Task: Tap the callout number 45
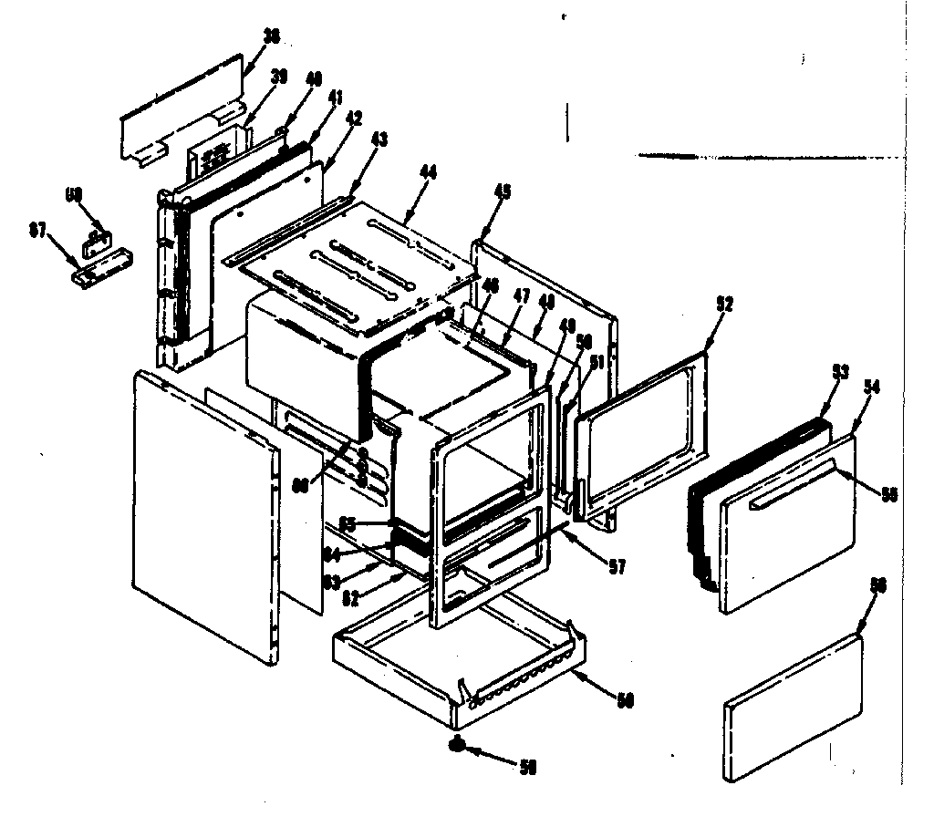pyautogui.click(x=502, y=191)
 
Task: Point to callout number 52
pyautogui.click(x=726, y=305)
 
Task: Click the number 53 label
pyautogui.click(x=840, y=372)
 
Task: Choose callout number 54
pyautogui.click(x=871, y=387)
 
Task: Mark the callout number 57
pyautogui.click(x=617, y=566)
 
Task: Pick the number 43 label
pyautogui.click(x=378, y=140)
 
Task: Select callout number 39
pyautogui.click(x=279, y=78)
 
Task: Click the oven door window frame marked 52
pyautogui.click(x=643, y=438)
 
